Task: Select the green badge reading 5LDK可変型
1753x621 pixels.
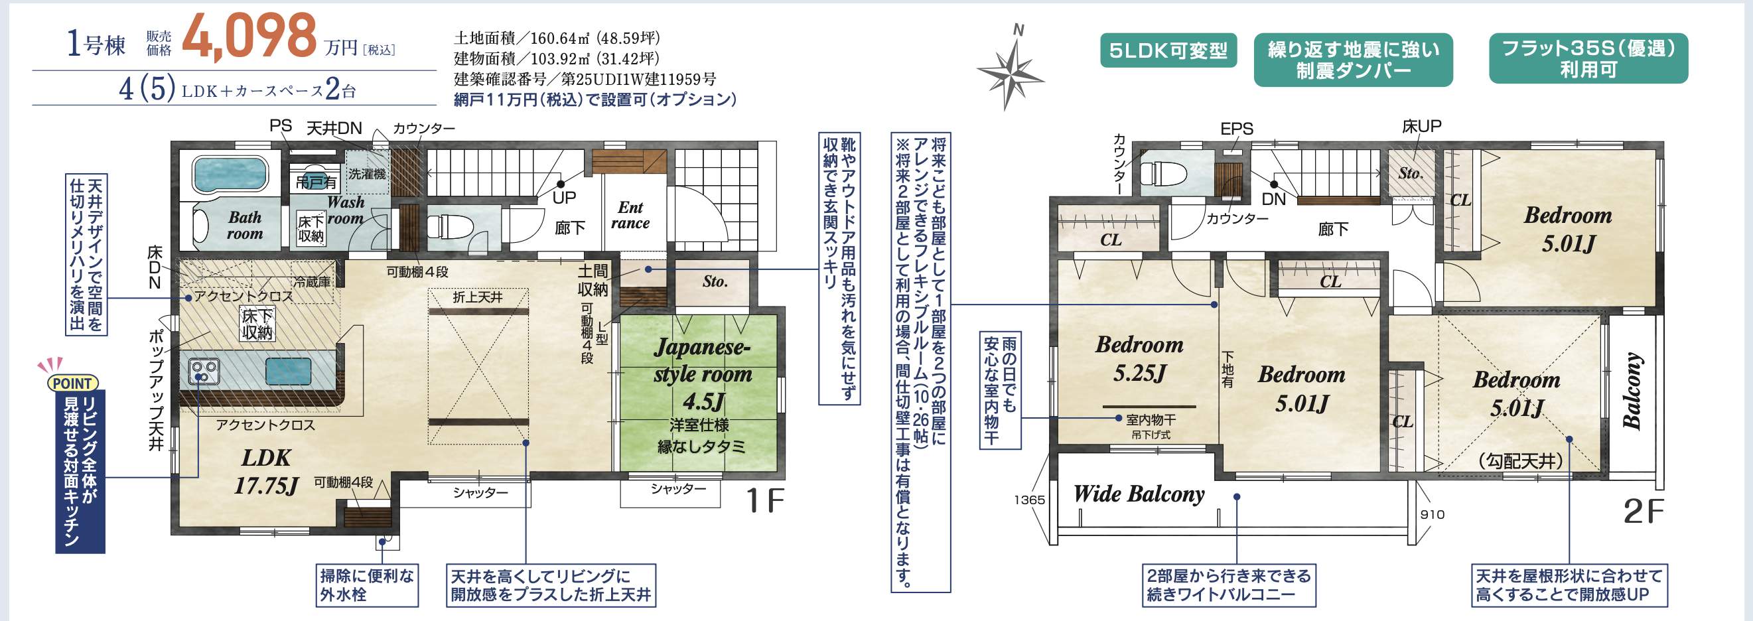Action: point(1168,50)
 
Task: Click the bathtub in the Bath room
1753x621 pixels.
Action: point(230,174)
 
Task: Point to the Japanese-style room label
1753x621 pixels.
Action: point(702,374)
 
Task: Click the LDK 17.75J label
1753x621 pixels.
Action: point(266,471)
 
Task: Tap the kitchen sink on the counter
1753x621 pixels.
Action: point(289,372)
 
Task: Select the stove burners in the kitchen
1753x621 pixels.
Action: point(204,372)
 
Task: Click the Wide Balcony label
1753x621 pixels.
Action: point(1139,494)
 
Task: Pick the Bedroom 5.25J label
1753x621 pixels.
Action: point(1139,358)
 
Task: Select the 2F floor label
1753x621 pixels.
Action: point(1643,512)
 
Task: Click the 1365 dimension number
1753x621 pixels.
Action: point(1029,500)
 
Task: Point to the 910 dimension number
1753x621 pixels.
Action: point(1433,514)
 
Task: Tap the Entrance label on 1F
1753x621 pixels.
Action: point(630,215)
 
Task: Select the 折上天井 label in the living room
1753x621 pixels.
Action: point(478,297)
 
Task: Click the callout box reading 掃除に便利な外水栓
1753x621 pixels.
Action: point(367,585)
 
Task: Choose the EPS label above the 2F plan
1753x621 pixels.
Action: point(1237,129)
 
